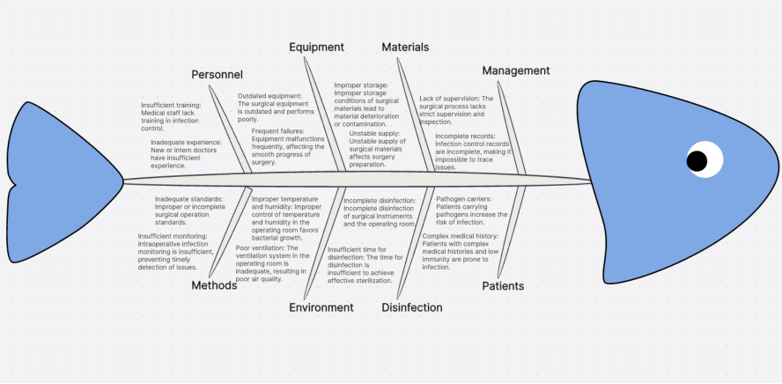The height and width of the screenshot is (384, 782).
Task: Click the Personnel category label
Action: click(217, 75)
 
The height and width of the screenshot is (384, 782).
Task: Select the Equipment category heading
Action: click(315, 47)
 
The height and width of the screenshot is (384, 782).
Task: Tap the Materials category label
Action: click(405, 47)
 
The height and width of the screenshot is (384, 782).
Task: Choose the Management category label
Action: click(515, 70)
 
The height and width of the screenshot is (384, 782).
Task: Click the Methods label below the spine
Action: click(215, 284)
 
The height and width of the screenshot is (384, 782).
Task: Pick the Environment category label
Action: click(321, 307)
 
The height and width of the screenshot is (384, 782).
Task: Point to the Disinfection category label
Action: click(411, 307)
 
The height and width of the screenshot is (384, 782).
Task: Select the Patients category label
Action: click(503, 286)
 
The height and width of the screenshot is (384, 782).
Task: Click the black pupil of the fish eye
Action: click(697, 160)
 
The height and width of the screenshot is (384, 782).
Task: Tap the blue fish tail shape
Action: click(62, 181)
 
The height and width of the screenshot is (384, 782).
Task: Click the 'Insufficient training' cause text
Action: click(172, 116)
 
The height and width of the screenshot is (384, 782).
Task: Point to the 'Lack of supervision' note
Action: click(456, 110)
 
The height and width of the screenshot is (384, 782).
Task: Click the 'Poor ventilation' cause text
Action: click(271, 263)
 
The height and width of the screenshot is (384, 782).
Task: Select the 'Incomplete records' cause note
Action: click(471, 151)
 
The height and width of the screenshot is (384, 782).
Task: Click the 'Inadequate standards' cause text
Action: click(188, 211)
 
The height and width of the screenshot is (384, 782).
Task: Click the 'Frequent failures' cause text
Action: click(288, 146)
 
